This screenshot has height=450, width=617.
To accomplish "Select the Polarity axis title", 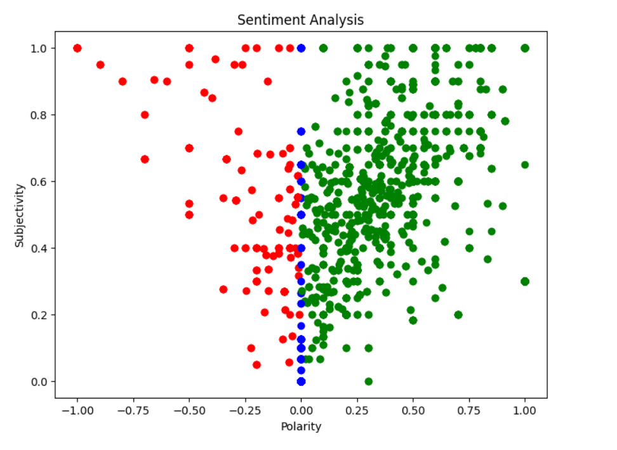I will click(x=301, y=427).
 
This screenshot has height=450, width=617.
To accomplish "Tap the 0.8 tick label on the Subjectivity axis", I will click(x=40, y=115).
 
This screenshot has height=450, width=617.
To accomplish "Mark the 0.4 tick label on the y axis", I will click(x=40, y=248).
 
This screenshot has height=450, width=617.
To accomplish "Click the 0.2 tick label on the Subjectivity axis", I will click(x=40, y=315).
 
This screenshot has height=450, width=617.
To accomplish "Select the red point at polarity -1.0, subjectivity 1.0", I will click(x=77, y=48).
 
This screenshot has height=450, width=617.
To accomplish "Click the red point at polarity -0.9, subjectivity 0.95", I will click(x=100, y=65).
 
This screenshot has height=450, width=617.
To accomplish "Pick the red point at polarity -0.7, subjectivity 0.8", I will click(x=145, y=115).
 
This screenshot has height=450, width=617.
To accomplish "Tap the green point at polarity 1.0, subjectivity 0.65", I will click(x=525, y=164).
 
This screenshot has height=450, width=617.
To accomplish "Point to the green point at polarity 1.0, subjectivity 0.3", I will click(x=525, y=281).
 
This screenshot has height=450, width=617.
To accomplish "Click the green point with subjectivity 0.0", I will click(x=368, y=381).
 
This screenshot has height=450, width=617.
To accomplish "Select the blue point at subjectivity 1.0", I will click(x=302, y=48).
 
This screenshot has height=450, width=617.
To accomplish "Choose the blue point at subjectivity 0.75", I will click(x=302, y=131).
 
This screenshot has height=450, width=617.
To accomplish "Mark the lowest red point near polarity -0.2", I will click(x=256, y=365).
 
